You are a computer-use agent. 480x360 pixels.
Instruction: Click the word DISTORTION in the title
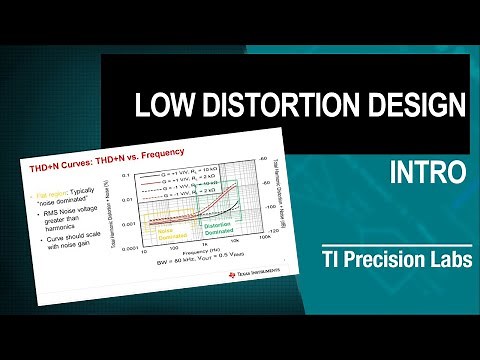click(x=266, y=104)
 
